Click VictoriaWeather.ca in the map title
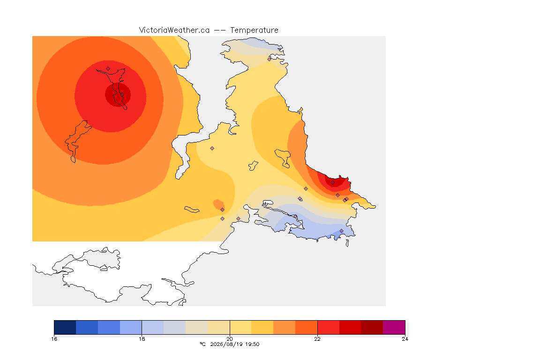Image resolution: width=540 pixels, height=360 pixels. pos(174,30)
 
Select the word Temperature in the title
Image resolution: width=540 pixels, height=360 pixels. pos(254,30)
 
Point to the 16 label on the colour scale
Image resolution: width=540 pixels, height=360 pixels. pos(54,339)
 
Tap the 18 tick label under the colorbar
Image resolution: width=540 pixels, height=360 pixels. pos(142,339)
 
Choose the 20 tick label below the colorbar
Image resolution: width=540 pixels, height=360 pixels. pos(230,339)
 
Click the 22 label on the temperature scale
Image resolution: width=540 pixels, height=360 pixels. pos(317,339)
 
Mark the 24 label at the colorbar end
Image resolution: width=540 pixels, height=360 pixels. pos(405,339)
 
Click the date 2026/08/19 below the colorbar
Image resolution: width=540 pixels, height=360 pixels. pos(225,344)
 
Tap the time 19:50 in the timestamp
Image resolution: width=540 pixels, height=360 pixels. pos(252,344)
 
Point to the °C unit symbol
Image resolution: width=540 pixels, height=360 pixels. pos(202,344)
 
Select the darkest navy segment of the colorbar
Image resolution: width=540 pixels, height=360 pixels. pos(65,327)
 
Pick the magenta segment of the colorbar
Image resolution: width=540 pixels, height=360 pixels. pos(394,327)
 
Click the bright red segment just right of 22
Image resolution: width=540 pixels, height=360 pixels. pos(328,327)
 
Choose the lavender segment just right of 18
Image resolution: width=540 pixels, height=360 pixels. pos(153,327)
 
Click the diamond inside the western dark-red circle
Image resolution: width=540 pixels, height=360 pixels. pos(122,94)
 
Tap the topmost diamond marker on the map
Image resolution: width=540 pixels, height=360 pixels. pos(270,59)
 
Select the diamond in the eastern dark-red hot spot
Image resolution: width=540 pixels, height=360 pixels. pos(333,183)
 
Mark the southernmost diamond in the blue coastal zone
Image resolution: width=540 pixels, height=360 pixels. pos(342,231)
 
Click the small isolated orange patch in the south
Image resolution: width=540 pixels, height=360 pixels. pos(218,204)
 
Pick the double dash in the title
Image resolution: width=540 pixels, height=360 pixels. pos(220,30)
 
